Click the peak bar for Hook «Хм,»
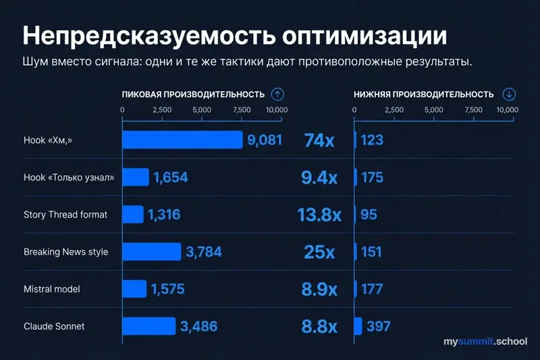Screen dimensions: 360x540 (182, 140)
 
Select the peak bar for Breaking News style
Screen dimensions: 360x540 (151, 252)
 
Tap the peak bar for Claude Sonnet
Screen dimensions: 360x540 (148, 326)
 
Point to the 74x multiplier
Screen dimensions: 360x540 (319, 140)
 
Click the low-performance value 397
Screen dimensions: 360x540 (379, 326)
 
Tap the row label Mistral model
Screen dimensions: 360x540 (52, 289)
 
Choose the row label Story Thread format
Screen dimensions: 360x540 (65, 215)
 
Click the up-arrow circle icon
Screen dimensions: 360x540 (277, 94)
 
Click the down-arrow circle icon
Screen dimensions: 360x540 (509, 94)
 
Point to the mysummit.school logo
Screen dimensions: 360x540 (485, 342)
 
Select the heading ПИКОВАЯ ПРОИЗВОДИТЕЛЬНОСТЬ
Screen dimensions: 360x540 (192, 95)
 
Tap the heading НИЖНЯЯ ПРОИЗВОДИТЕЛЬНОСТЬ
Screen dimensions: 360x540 (424, 95)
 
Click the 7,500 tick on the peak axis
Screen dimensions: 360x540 (240, 109)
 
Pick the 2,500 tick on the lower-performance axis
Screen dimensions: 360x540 (394, 109)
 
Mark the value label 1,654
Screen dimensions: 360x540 (170, 178)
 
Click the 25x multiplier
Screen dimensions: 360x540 (319, 252)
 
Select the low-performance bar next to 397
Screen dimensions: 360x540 (358, 326)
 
